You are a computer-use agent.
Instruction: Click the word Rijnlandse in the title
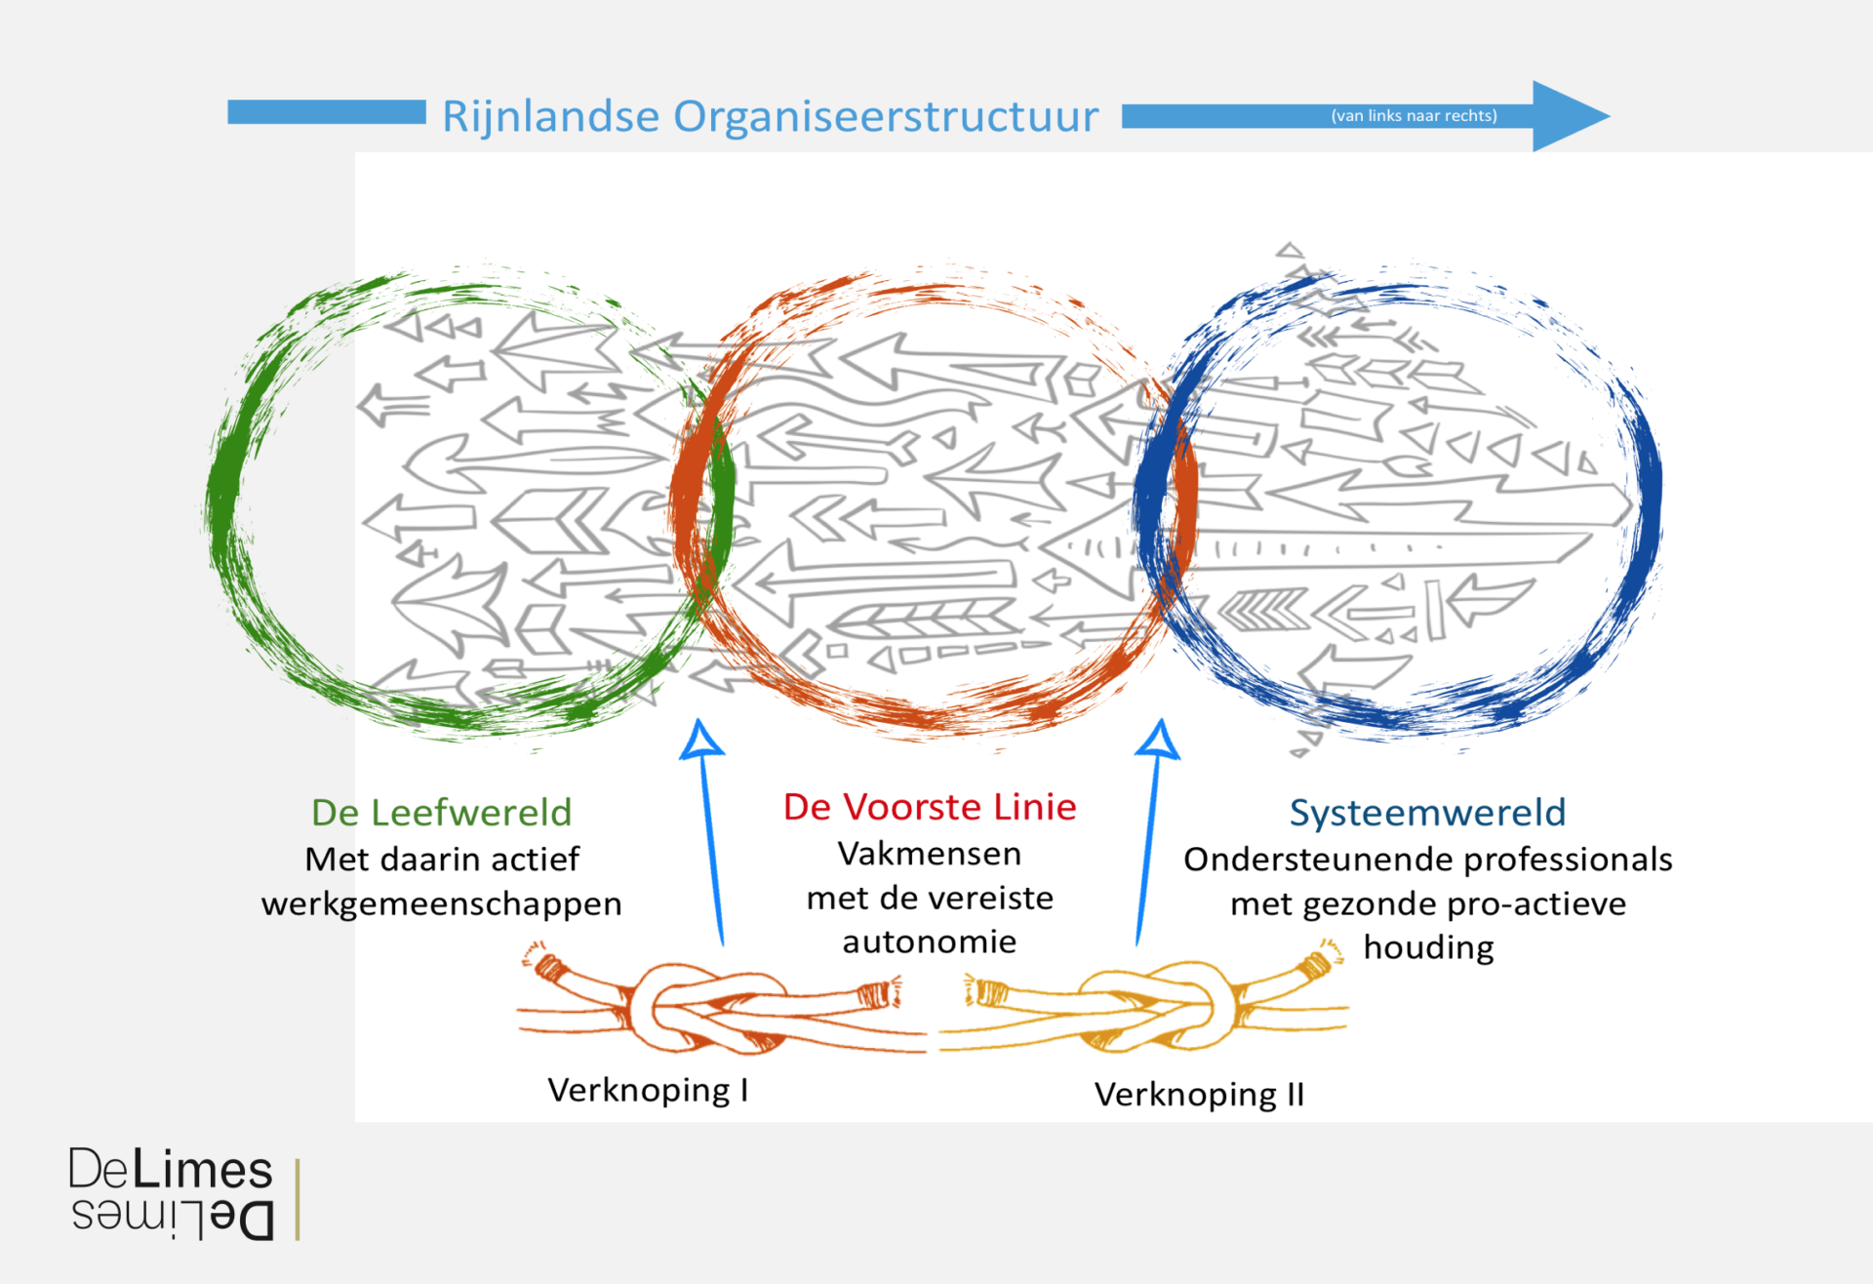pos(551,117)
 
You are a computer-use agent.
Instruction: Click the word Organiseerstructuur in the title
pos(885,117)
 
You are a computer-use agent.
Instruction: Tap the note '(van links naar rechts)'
pos(1414,115)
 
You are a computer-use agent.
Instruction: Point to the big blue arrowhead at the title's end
pos(1567,116)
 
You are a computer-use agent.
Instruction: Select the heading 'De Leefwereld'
pos(441,813)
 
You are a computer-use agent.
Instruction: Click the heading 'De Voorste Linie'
pos(930,807)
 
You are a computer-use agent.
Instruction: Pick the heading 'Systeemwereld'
pos(1427,813)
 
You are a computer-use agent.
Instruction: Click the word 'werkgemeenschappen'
pos(441,904)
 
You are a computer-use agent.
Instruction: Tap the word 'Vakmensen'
pos(930,854)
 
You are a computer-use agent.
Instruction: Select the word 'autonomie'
pos(930,942)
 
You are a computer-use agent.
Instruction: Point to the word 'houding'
pos(1428,947)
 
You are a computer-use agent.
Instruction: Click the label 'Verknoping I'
pos(648,1090)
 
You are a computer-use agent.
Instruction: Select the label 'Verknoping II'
pos(1199,1095)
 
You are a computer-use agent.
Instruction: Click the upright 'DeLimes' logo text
pos(171,1170)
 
